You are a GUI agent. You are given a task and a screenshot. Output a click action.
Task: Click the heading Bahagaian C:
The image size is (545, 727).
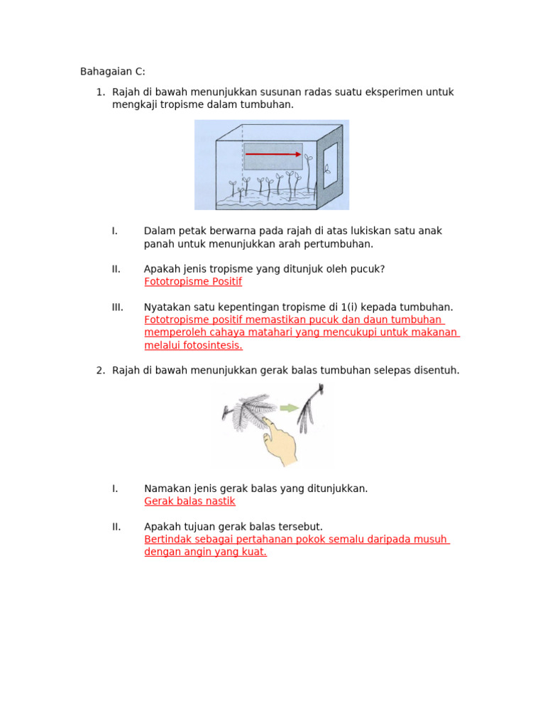(112, 72)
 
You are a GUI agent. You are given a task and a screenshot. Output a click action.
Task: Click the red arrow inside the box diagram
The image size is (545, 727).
(273, 154)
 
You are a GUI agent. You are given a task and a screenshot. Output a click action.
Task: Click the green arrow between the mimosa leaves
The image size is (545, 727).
(288, 408)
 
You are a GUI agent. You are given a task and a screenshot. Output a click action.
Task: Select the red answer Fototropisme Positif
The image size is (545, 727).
(192, 282)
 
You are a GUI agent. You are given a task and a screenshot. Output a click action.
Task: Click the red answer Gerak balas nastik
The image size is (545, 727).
(189, 501)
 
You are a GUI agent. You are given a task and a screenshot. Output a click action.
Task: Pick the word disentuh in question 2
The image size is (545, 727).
(436, 371)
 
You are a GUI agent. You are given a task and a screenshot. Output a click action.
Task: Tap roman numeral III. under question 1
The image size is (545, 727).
(118, 307)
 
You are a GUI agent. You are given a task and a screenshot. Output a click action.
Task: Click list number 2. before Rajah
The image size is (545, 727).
(100, 371)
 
